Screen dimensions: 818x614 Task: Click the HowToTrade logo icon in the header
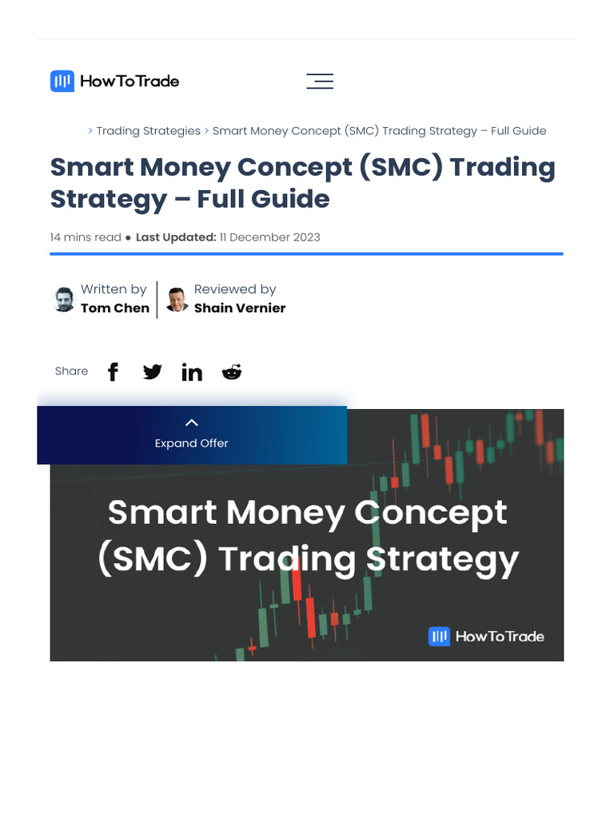(62, 81)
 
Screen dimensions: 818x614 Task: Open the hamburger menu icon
(320, 81)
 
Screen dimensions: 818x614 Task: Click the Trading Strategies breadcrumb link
(148, 130)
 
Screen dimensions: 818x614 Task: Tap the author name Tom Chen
(115, 308)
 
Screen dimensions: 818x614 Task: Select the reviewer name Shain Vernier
(240, 308)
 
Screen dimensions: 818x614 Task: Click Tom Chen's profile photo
(64, 300)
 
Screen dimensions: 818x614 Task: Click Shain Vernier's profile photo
(177, 300)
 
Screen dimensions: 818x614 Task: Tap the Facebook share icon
(114, 371)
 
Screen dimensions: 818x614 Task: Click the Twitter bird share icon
(152, 371)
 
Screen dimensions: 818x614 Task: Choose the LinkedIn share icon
(192, 372)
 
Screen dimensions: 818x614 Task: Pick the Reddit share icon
(232, 371)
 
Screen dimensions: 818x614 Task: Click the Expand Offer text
(192, 443)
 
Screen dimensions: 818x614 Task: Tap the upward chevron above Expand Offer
(192, 423)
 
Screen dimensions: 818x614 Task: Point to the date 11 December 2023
(269, 237)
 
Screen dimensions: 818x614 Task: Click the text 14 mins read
(86, 237)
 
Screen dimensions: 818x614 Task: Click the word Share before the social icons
(71, 371)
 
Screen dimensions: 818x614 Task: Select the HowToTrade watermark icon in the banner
(439, 637)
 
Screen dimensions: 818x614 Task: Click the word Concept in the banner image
(431, 513)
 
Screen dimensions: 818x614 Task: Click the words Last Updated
(176, 237)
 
